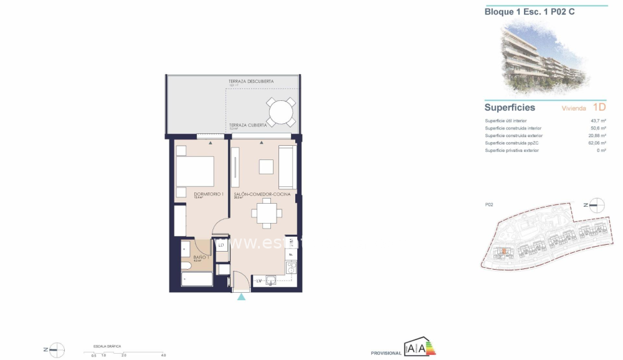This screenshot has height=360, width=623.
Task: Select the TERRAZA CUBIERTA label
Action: pos(248,125)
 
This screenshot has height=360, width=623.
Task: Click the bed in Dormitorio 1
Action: pos(194,170)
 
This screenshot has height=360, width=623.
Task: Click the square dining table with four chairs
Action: pos(267,215)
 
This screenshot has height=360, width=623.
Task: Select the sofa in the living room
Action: pos(287,168)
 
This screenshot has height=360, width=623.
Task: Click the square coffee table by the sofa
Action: pos(266,167)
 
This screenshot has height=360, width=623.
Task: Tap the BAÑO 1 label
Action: pos(201,257)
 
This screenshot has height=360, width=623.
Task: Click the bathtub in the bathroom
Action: pos(196,278)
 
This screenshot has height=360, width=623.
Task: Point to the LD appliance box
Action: pos(221,245)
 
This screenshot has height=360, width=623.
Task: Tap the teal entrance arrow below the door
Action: pos(241,298)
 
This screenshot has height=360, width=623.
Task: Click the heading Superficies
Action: pos(510,108)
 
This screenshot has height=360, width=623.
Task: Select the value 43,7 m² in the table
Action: pos(598,121)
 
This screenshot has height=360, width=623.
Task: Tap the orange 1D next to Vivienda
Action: pos(599,107)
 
